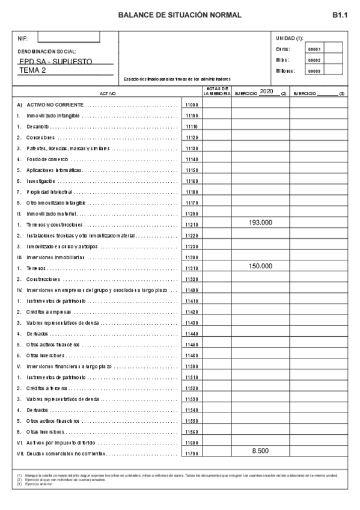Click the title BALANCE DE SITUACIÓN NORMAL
click(x=180, y=14)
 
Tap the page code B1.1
click(x=340, y=14)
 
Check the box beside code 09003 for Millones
click(x=334, y=70)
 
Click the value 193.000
click(x=260, y=223)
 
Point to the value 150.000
click(x=260, y=266)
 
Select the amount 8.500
click(x=260, y=450)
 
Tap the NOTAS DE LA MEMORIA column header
click(x=216, y=91)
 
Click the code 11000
click(x=192, y=105)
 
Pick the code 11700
click(x=192, y=453)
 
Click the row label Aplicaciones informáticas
click(x=55, y=170)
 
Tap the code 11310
click(x=192, y=268)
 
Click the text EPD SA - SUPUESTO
click(x=56, y=61)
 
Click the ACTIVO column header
click(x=108, y=94)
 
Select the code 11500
click(x=192, y=366)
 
